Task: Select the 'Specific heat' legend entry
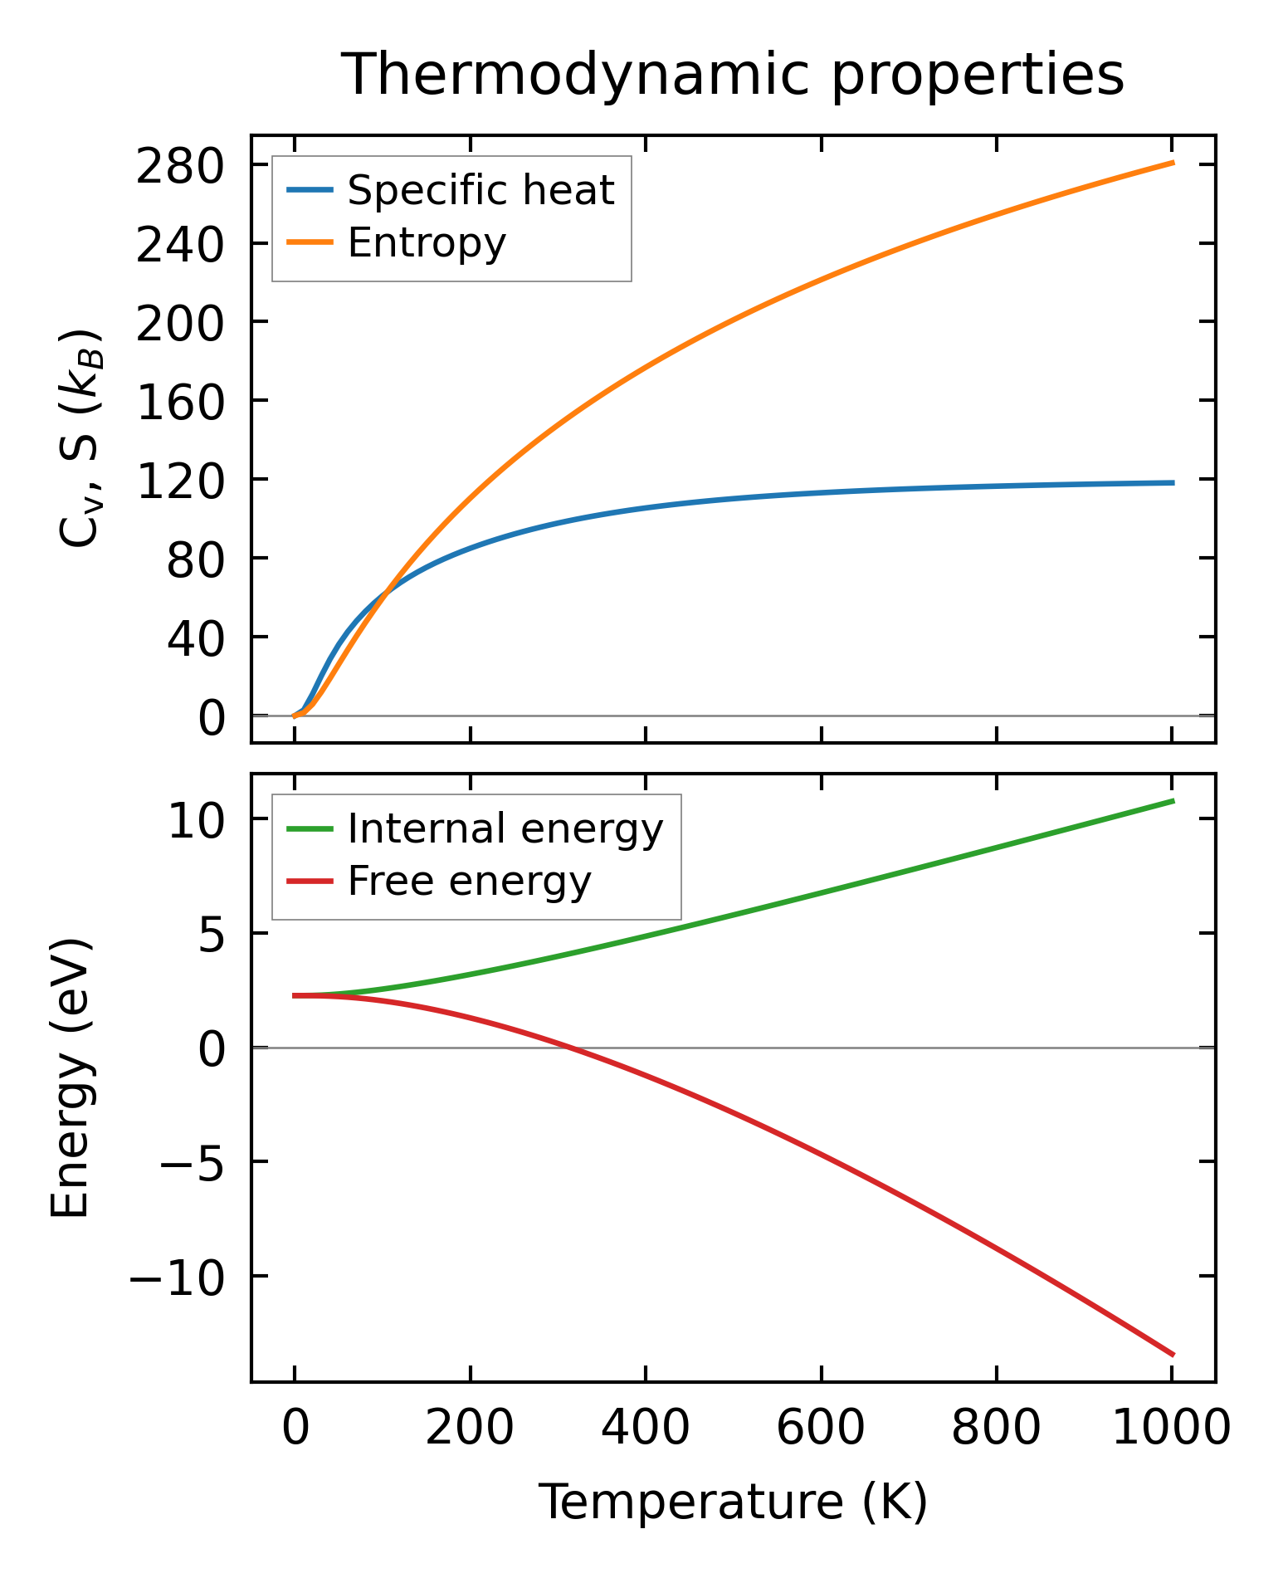point(481,190)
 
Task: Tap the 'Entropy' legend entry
point(427,242)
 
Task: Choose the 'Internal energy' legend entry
point(505,828)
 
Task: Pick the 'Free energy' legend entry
point(469,881)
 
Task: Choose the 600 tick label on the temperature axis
point(820,1429)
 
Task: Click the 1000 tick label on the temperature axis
point(1170,1429)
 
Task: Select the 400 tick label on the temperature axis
point(645,1429)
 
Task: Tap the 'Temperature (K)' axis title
point(733,1502)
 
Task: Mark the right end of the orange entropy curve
point(1173,163)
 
